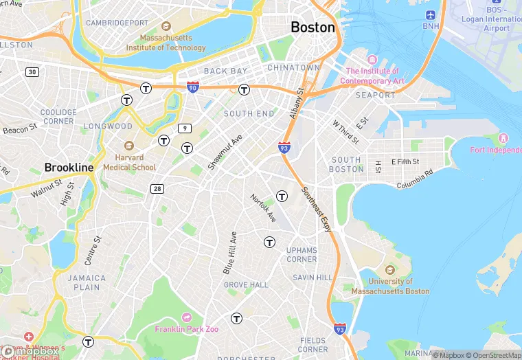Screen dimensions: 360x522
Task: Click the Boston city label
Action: coord(313,27)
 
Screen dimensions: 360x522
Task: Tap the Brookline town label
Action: coord(69,168)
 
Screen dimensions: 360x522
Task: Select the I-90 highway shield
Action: coord(193,87)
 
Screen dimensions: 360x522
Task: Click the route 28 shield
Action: coord(157,188)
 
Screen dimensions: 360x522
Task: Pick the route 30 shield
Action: coord(32,72)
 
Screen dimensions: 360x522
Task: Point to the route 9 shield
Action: coord(184,128)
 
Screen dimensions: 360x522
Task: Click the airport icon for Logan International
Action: coord(431,14)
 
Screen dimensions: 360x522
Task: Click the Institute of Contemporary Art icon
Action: coord(372,60)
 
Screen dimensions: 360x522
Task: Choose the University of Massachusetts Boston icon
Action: coord(390,269)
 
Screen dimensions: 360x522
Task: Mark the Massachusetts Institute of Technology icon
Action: coord(146,36)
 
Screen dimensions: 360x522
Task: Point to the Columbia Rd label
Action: coord(416,181)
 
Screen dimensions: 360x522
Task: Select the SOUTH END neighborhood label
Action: coord(249,113)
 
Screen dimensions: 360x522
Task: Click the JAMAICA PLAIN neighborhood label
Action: coord(87,283)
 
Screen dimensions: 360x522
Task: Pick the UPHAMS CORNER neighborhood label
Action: coord(302,254)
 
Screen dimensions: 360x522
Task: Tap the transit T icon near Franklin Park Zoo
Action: coord(237,318)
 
